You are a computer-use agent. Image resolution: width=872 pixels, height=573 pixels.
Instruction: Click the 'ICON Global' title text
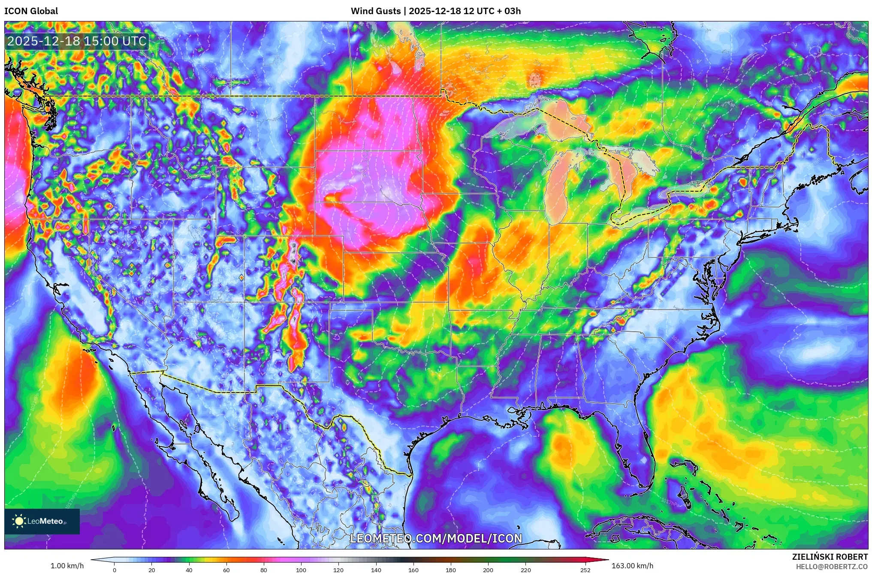click(31, 11)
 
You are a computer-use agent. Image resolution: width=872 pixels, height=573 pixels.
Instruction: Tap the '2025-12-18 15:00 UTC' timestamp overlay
click(77, 41)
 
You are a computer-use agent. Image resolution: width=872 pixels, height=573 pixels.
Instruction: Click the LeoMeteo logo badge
click(42, 521)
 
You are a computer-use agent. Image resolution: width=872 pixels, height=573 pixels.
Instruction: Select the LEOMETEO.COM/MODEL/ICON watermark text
click(436, 539)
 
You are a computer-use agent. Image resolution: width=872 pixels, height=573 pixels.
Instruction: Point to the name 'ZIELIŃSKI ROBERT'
click(830, 557)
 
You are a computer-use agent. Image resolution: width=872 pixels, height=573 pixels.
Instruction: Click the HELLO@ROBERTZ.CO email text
click(832, 567)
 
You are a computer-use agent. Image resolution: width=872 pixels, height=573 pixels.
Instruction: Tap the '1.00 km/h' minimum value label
click(67, 566)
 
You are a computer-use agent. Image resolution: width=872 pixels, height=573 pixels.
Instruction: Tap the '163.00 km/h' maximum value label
click(633, 566)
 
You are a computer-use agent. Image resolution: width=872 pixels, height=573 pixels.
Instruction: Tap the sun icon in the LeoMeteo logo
click(19, 521)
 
